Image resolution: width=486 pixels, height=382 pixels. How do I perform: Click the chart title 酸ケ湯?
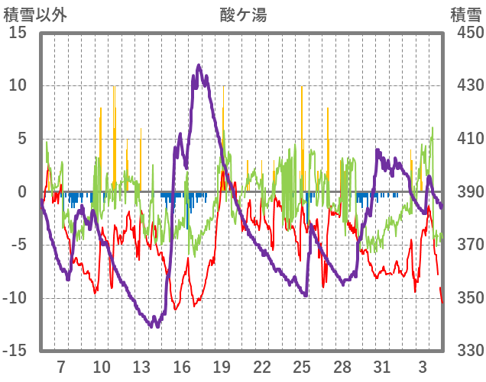click(244, 14)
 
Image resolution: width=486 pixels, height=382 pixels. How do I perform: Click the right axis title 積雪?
click(465, 14)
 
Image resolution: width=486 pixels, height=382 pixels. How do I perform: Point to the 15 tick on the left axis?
click(18, 33)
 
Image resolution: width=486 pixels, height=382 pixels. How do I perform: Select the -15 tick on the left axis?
click(15, 351)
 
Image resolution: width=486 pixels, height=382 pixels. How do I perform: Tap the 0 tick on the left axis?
click(22, 192)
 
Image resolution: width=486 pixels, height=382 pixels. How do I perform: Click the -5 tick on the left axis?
click(18, 245)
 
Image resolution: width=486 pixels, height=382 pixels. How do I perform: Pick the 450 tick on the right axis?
click(465, 33)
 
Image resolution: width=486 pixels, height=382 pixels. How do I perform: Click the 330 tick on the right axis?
click(465, 351)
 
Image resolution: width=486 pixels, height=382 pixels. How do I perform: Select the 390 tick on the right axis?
click(465, 192)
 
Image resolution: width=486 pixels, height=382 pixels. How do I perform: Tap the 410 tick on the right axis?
click(465, 139)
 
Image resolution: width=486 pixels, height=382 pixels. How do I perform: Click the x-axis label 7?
click(60, 366)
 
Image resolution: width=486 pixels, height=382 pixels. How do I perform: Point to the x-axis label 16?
click(181, 366)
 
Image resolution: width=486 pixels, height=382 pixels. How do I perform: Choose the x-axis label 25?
click(302, 366)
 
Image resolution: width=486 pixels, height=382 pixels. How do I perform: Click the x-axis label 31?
click(382, 366)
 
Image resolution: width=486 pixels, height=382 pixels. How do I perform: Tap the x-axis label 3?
click(423, 366)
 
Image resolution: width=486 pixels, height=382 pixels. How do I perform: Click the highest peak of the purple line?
click(199, 66)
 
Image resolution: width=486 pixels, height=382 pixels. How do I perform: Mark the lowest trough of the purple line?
click(154, 326)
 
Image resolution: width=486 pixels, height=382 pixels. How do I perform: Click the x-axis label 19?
click(222, 366)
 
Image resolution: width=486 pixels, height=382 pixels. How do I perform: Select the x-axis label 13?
click(141, 366)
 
